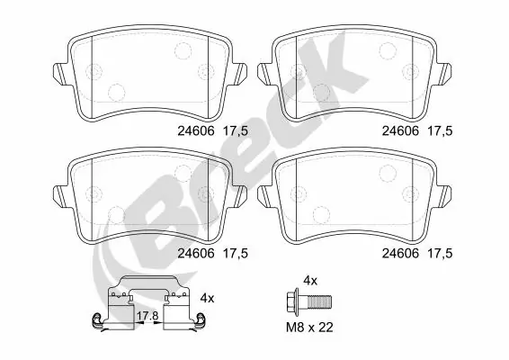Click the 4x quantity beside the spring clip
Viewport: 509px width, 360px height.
207,297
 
